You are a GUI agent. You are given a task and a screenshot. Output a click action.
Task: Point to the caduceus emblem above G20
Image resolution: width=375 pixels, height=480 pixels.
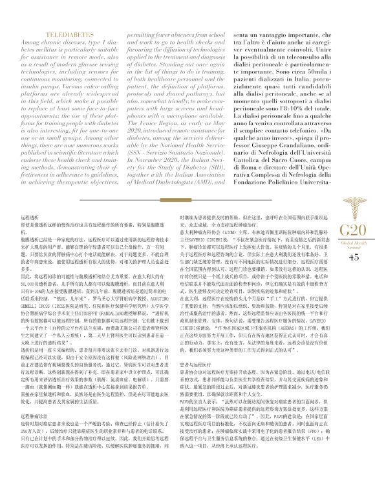[x=353, y=193]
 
